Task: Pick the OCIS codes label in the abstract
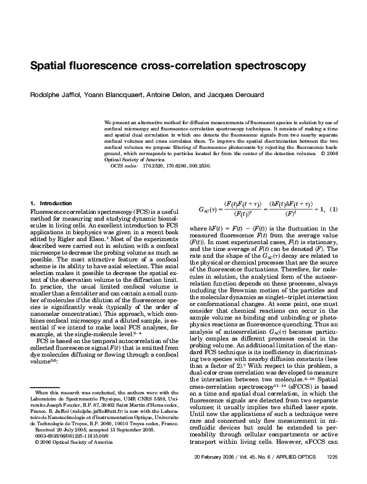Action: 123,166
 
